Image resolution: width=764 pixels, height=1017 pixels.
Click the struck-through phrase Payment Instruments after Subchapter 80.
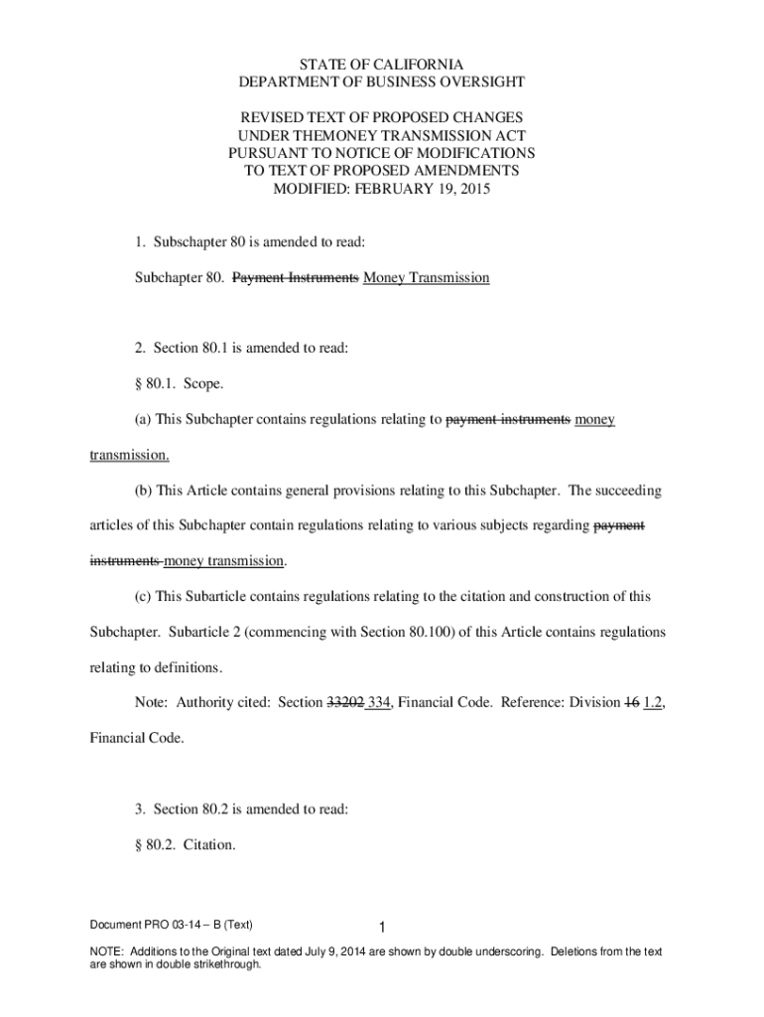pos(296,278)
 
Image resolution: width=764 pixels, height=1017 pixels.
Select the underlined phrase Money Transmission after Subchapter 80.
pos(427,278)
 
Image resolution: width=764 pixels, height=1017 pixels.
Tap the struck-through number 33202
pos(346,703)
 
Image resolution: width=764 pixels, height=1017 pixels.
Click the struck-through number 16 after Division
pos(631,703)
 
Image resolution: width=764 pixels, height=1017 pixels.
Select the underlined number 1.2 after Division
pos(653,703)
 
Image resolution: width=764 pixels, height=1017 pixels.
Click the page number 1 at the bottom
pos(382,930)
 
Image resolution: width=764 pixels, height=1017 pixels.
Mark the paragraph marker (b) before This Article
pos(144,491)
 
